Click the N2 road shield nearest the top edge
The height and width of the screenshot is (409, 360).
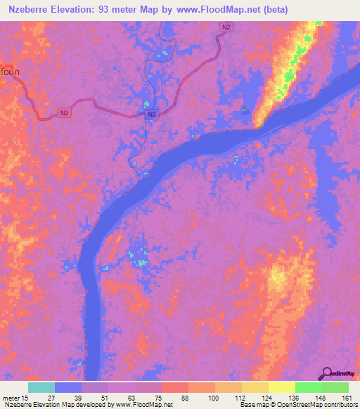click(225, 27)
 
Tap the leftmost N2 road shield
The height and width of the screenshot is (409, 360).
click(64, 112)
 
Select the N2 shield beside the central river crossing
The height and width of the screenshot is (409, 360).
click(153, 115)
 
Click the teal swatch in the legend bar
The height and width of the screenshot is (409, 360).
click(41, 387)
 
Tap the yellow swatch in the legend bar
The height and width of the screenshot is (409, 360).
click(281, 387)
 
